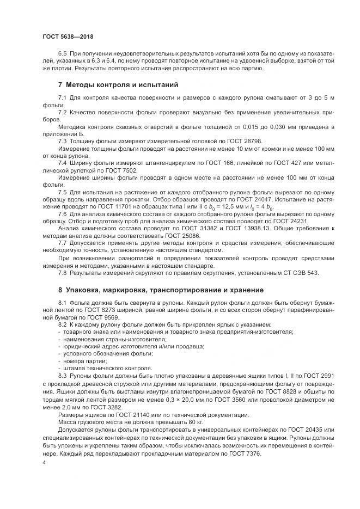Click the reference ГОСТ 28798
(x=205, y=140)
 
